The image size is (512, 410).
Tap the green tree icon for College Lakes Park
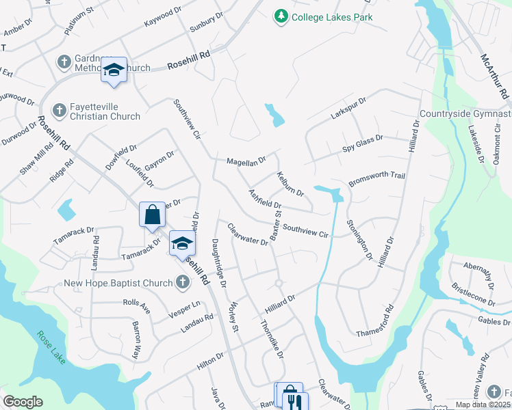pos(280,16)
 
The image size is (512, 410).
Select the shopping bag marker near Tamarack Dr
pos(152,215)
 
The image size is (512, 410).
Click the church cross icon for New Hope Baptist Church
pos(182,282)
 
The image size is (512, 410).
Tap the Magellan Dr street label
pos(246,162)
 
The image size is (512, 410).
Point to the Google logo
pos(23,402)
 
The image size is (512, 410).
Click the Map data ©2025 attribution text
pos(483,405)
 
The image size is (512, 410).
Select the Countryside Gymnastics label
pos(465,114)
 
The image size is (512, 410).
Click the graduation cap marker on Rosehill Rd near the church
pos(114,70)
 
